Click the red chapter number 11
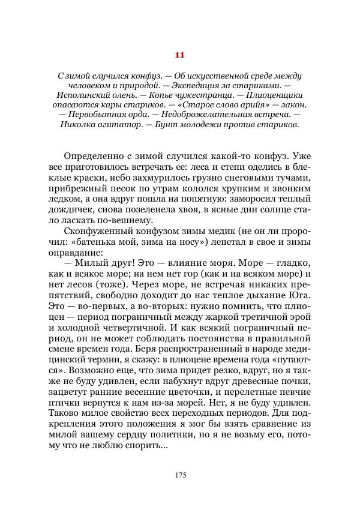(x=179, y=55)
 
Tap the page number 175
(x=180, y=475)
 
